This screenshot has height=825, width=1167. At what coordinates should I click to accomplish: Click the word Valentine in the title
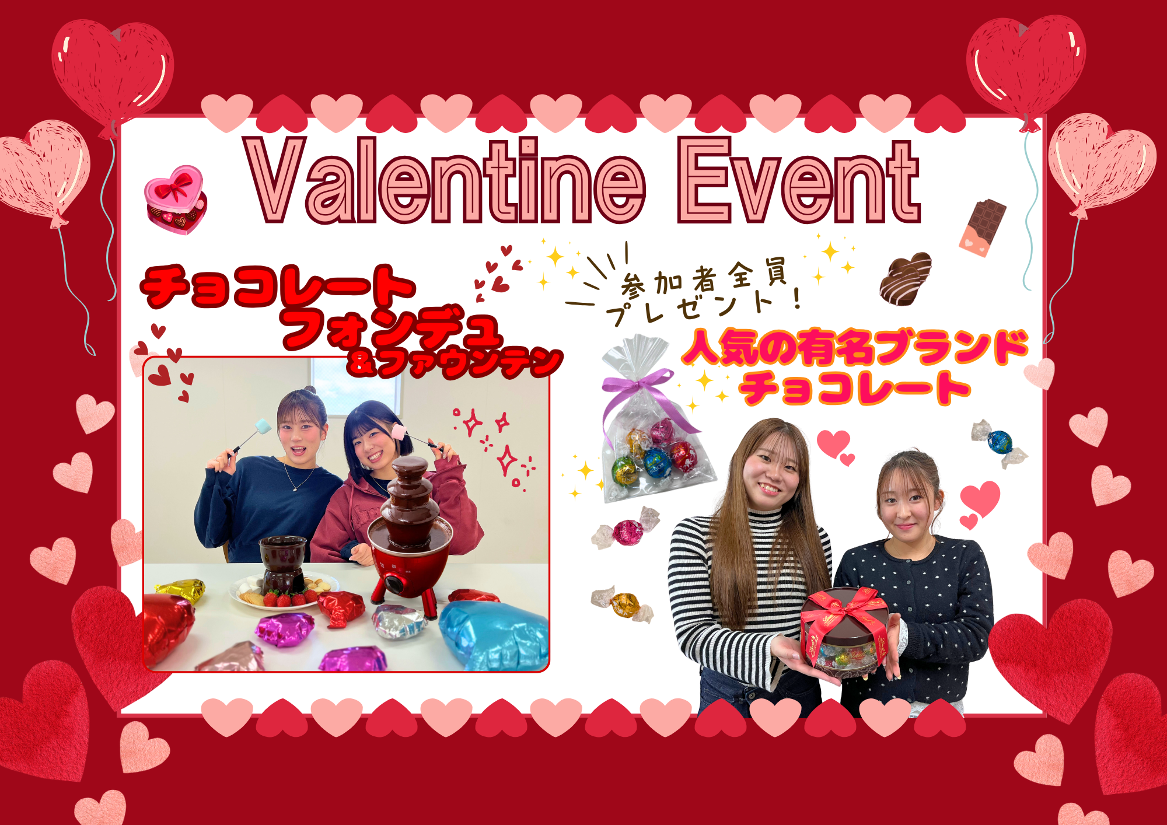click(x=446, y=180)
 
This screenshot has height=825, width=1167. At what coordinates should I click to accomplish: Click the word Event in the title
click(x=798, y=180)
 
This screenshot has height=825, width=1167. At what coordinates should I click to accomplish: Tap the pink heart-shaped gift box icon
click(x=175, y=200)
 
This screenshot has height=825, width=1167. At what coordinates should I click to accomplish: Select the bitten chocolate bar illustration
click(x=983, y=227)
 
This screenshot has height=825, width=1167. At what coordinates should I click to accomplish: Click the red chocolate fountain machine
click(x=411, y=537)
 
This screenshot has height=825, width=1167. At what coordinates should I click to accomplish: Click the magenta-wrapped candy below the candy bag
click(x=627, y=529)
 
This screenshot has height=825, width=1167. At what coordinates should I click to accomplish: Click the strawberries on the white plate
click(x=286, y=599)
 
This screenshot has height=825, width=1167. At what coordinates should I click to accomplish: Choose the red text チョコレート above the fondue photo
click(x=278, y=285)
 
